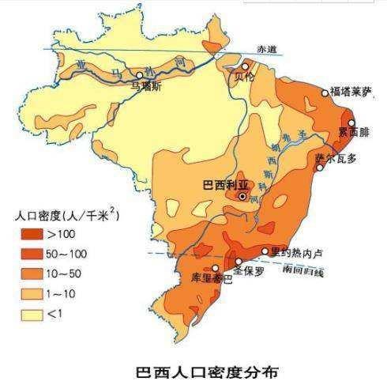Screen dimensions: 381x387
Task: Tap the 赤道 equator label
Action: point(272,49)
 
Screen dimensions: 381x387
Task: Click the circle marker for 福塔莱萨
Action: point(325,92)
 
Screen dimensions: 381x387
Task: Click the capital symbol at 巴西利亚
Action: point(242,196)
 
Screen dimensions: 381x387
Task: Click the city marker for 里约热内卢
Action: point(265,251)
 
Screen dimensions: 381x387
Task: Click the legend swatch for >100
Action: point(31,235)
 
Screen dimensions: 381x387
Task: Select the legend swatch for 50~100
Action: point(31,254)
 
